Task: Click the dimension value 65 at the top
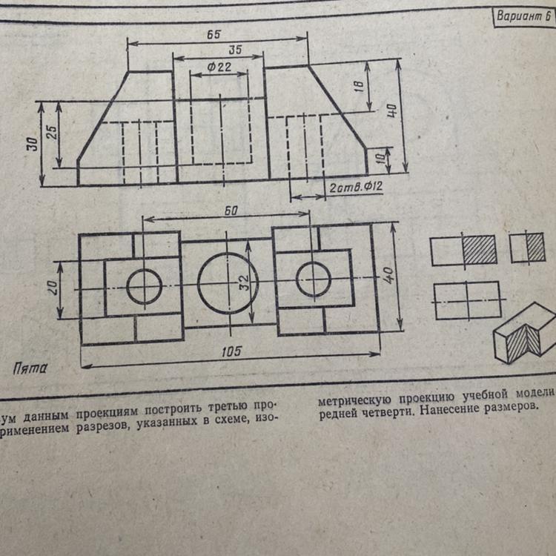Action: (216, 34)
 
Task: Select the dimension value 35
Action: (235, 50)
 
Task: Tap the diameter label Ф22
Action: (219, 67)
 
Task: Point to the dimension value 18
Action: (358, 86)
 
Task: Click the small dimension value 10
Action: (380, 158)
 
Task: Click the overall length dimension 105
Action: (232, 351)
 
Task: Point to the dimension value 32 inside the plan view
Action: (245, 282)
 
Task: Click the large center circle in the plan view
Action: (228, 283)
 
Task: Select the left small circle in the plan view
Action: (144, 285)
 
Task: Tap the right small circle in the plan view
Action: (313, 279)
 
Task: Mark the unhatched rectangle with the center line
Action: (468, 300)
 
